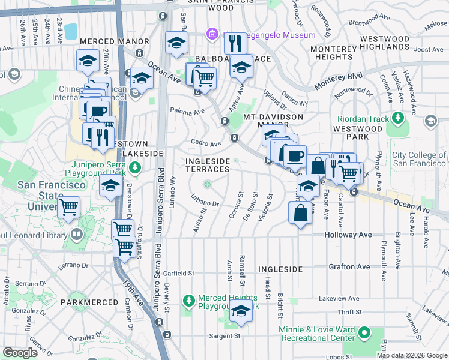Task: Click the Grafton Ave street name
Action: [x=349, y=266]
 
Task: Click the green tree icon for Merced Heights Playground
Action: [x=188, y=299]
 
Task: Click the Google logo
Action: [x=20, y=353]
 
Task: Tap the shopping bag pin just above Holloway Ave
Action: [x=300, y=213]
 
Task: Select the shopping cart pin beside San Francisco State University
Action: [x=70, y=208]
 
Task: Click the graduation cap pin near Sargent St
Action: [x=241, y=311]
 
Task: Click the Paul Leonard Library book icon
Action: [x=76, y=235]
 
